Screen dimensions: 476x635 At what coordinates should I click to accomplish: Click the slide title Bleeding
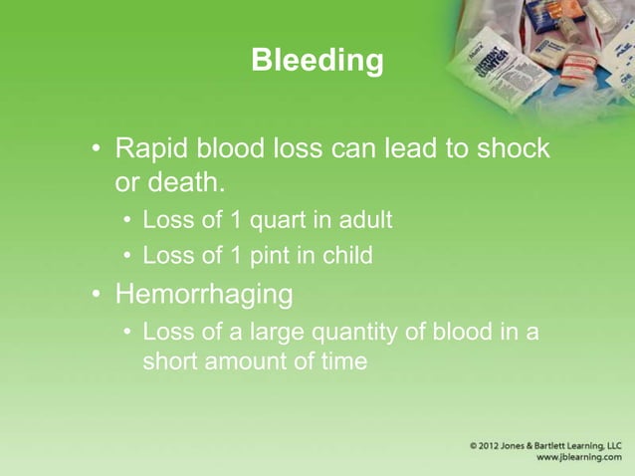(x=317, y=61)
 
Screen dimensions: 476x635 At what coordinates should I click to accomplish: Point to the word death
(x=189, y=184)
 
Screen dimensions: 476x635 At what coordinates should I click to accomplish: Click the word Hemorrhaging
(x=204, y=295)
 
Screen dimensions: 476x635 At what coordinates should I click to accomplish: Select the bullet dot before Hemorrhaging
(x=98, y=296)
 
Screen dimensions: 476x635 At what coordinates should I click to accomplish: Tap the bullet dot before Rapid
(x=98, y=150)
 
